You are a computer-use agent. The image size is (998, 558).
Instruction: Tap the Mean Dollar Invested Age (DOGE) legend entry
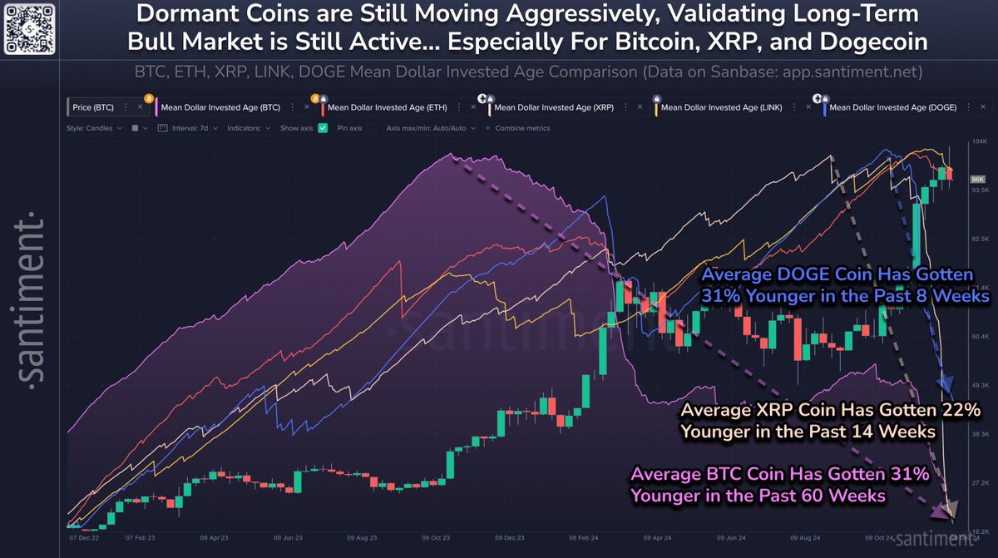coord(892,107)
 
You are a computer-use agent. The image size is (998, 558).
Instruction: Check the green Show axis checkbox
coord(324,129)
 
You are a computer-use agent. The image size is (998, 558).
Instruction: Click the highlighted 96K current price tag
coord(978,179)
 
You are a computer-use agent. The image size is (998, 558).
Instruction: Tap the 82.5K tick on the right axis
coord(979,239)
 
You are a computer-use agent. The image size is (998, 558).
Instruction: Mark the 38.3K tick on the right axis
coord(979,434)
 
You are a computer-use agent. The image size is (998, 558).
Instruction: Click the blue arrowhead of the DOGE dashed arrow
coord(946,385)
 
